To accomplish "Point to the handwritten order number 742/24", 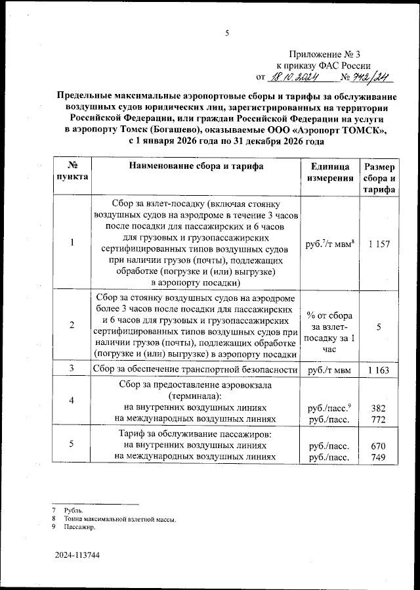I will pyautogui.click(x=371, y=78).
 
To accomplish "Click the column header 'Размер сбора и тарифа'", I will pyautogui.click(x=380, y=178).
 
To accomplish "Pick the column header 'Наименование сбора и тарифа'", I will pyautogui.click(x=196, y=166).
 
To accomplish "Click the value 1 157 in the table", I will pyautogui.click(x=379, y=244).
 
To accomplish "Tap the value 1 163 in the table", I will pyautogui.click(x=379, y=371).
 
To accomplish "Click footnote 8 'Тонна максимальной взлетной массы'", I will pyautogui.click(x=119, y=519).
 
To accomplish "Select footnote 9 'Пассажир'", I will pyautogui.click(x=80, y=527).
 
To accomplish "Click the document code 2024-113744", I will pyautogui.click(x=77, y=556).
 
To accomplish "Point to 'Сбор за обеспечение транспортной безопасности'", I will pyautogui.click(x=196, y=370).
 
